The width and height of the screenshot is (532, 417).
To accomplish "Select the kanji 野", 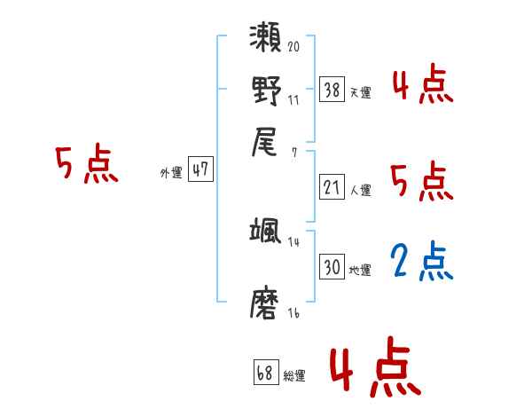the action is (x=265, y=90).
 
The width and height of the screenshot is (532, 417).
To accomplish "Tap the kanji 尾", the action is (x=265, y=142).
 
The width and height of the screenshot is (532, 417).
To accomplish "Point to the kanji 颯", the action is (x=265, y=232).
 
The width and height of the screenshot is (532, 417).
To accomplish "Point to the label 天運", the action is (x=360, y=92).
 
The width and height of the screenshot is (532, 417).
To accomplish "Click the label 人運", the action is (x=360, y=190).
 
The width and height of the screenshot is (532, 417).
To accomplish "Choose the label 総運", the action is (x=294, y=375).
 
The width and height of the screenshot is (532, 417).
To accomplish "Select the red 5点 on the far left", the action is (x=86, y=165).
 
